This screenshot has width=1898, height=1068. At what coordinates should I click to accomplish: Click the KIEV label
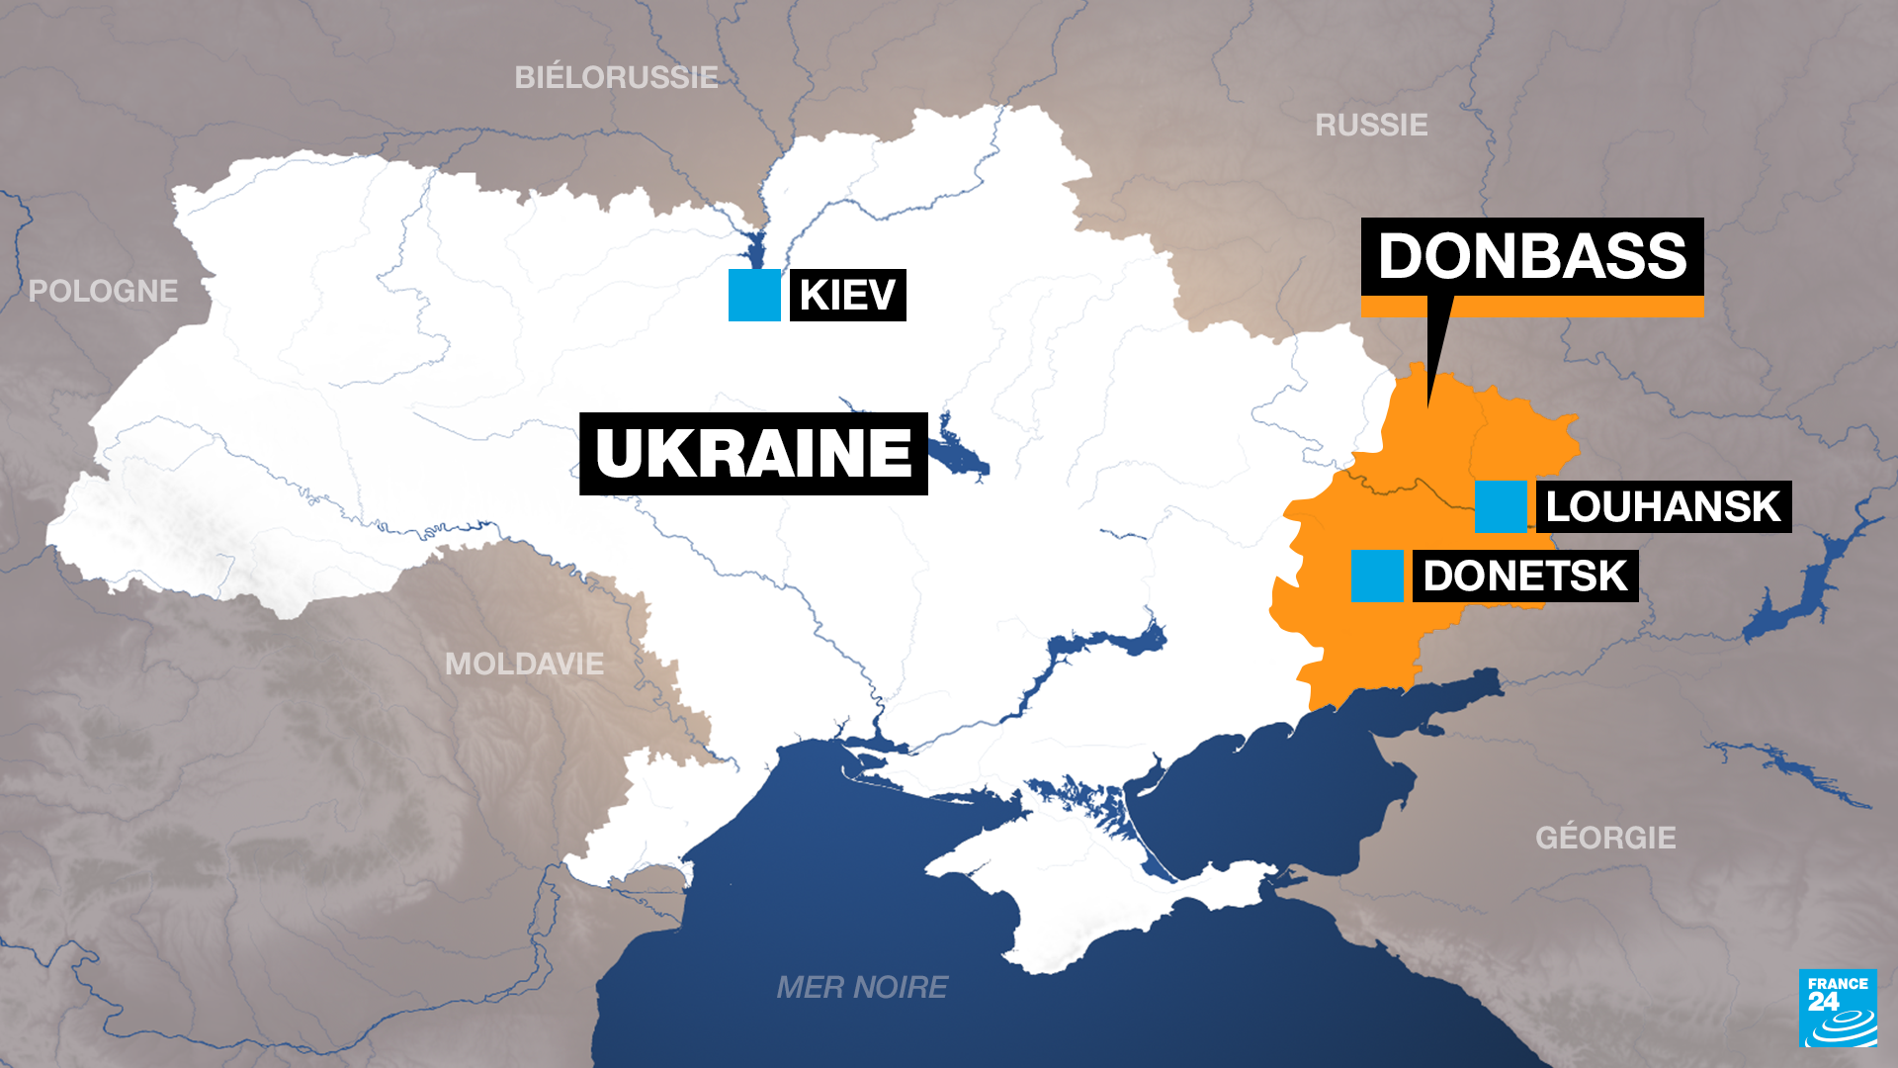point(847,295)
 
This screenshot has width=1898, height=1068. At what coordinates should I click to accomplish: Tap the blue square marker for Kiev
point(754,295)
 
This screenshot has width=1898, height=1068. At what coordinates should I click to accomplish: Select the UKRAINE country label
point(753,454)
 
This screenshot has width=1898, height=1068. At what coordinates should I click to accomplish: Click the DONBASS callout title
point(1532,256)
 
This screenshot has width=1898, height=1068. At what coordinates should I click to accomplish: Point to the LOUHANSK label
point(1663,506)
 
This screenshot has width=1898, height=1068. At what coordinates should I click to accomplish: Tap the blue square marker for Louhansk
point(1501,506)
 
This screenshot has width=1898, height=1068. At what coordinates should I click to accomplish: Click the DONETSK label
point(1524,576)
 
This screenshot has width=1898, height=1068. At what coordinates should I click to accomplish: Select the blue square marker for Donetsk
point(1377,576)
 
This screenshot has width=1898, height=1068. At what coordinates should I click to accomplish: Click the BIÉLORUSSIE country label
point(616,77)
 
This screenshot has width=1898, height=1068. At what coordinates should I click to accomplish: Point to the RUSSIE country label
point(1371,125)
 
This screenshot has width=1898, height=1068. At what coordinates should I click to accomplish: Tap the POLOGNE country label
point(103,291)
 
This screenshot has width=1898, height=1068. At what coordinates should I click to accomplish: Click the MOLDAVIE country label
point(524,664)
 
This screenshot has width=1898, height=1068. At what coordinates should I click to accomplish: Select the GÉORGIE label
point(1605,838)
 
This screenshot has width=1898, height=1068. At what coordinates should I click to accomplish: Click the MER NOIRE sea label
point(862,987)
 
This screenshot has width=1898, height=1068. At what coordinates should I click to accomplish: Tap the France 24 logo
point(1838,1008)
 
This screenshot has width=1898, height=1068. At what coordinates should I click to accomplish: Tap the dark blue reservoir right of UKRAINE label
point(959,455)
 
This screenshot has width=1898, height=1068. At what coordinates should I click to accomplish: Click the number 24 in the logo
point(1823,1001)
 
